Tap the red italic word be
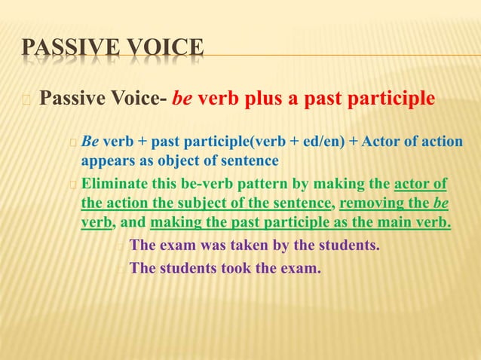tap(185, 99)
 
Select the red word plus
tap(263, 99)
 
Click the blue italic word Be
tap(90, 141)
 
